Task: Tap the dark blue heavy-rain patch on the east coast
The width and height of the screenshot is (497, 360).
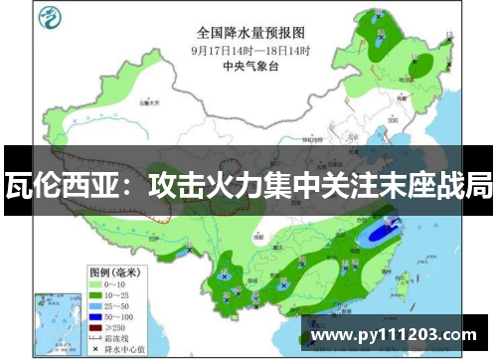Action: tap(381, 235)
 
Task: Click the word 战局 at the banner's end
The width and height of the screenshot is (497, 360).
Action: tap(469, 185)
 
